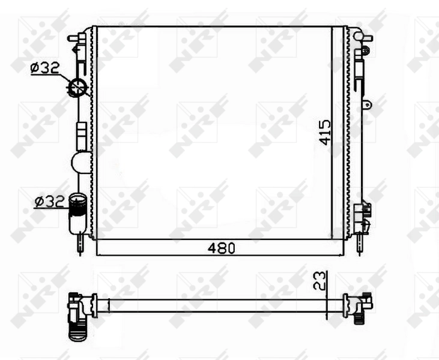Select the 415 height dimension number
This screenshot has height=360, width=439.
325,132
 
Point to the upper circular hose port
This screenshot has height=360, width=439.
77,88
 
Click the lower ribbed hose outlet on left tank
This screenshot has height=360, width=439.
77,207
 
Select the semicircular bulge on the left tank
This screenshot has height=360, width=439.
80,163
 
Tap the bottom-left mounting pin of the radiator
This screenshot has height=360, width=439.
80,245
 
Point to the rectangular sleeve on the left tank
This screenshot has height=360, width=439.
80,135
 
